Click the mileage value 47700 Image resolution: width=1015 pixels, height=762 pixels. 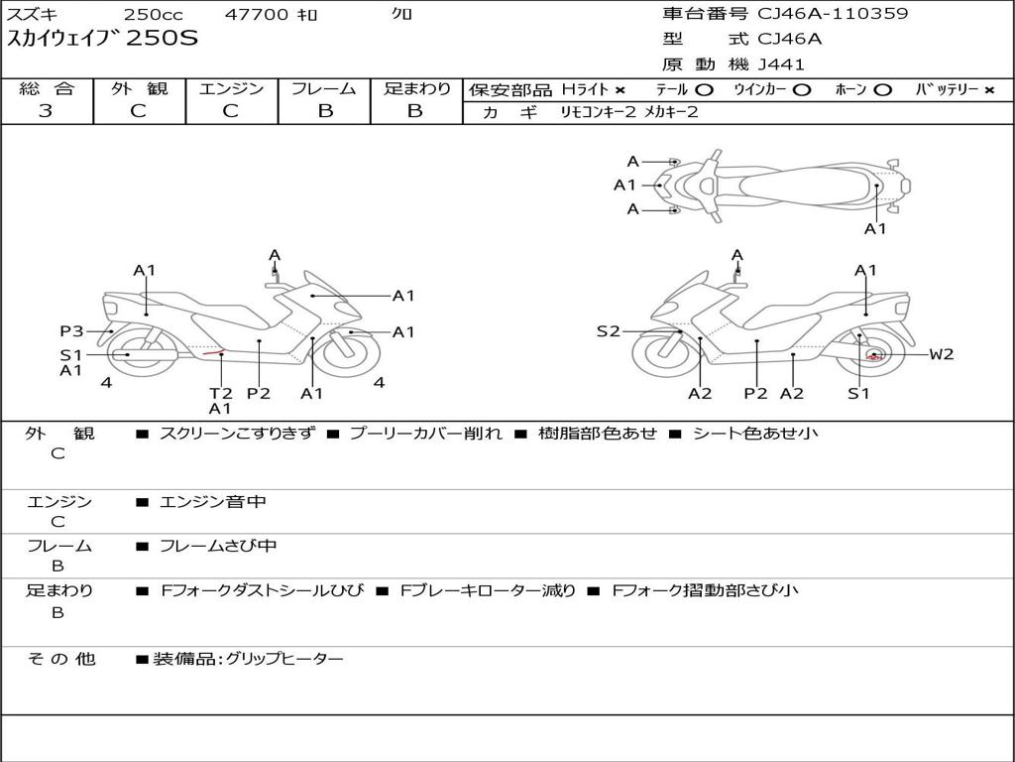point(257,15)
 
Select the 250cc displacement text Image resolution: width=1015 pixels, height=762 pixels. point(152,15)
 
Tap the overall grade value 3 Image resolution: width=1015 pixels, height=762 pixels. point(46,110)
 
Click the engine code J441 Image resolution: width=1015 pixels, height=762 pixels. point(781,64)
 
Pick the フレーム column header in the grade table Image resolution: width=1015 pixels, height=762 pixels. point(324,88)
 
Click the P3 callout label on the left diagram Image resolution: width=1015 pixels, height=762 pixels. point(71,331)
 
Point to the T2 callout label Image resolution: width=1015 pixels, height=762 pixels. point(220,393)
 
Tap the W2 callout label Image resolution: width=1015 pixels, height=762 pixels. point(941,354)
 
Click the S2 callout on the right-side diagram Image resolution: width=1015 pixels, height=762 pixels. point(608,331)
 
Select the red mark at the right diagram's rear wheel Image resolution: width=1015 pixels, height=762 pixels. point(875,355)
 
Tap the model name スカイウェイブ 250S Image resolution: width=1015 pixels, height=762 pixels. point(103,40)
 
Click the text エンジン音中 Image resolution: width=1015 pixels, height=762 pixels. point(212,502)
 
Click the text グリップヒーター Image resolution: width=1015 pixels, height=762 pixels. point(284,659)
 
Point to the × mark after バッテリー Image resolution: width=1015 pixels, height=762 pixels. point(988,89)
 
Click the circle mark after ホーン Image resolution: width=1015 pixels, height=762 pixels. point(882,89)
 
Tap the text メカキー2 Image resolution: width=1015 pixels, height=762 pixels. point(671,112)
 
